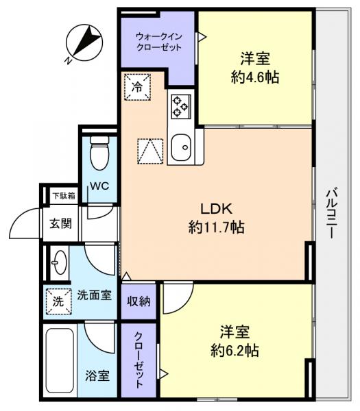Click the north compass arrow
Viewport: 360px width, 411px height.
tap(83, 42)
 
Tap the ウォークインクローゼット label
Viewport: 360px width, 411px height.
tap(158, 42)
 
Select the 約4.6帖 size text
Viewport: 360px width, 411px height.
tap(254, 77)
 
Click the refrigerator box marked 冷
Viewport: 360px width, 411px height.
tap(136, 86)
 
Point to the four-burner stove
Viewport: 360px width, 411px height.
tap(181, 104)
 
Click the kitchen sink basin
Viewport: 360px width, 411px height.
tap(181, 147)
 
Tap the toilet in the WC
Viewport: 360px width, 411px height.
tap(100, 154)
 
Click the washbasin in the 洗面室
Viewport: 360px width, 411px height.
tap(58, 262)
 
